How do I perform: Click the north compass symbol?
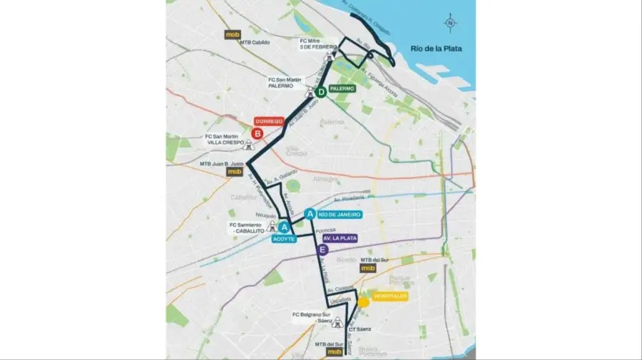point(450,22)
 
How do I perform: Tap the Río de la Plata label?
point(436,48)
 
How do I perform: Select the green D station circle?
point(321,92)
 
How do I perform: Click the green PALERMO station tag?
point(342,89)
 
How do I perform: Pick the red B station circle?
point(258,133)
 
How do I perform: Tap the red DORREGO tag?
point(270,121)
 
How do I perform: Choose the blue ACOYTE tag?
point(283,239)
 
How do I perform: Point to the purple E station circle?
point(323,250)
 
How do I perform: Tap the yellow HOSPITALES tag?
point(389,295)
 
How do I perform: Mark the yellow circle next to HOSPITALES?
point(364,302)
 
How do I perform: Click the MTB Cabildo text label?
point(255,42)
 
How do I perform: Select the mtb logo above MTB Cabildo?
point(233,34)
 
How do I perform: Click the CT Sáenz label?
point(360,330)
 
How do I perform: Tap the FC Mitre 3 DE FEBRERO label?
point(315,45)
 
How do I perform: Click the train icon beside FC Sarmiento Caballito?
point(272,228)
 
